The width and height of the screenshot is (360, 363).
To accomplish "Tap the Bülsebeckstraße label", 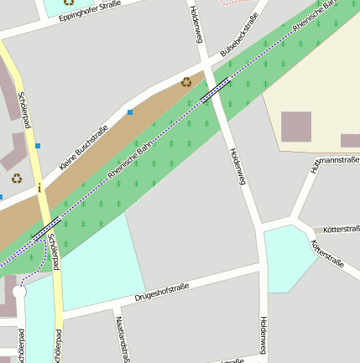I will click(239, 35).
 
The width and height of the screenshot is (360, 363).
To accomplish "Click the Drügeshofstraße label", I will click(162, 292).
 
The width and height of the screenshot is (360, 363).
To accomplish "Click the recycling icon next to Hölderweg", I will click(186, 81).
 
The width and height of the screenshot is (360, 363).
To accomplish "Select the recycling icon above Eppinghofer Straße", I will click(69, 3).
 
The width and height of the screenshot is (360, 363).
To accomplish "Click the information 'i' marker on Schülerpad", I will click(39, 189).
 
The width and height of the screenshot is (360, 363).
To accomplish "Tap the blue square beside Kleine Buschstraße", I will click(130, 111).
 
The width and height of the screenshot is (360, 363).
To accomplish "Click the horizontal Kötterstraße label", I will click(341, 229).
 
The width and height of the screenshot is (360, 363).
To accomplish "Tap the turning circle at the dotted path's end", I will click(19, 292).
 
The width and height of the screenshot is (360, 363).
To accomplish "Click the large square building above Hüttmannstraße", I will click(295, 127).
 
